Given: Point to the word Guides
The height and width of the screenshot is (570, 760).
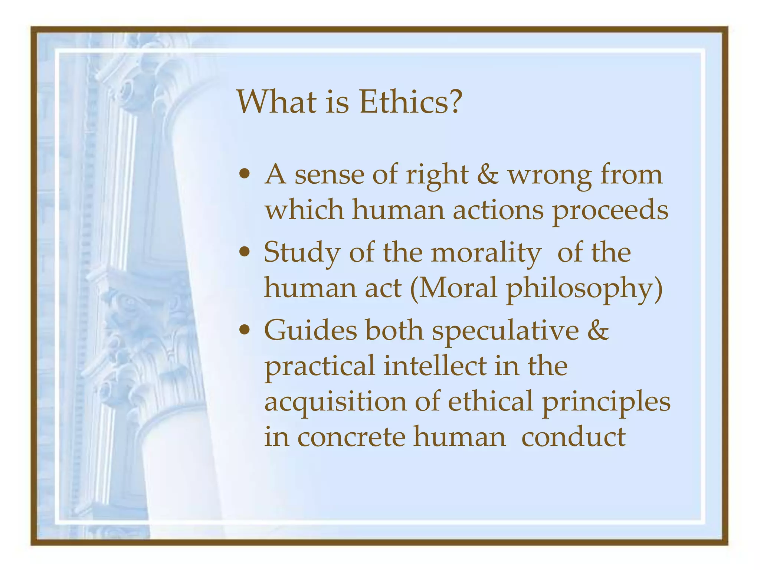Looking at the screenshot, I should coord(310,330).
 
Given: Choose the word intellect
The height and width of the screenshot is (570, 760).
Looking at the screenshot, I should coord(435,366).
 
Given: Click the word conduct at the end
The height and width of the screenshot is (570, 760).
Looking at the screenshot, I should coord(573,437).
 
